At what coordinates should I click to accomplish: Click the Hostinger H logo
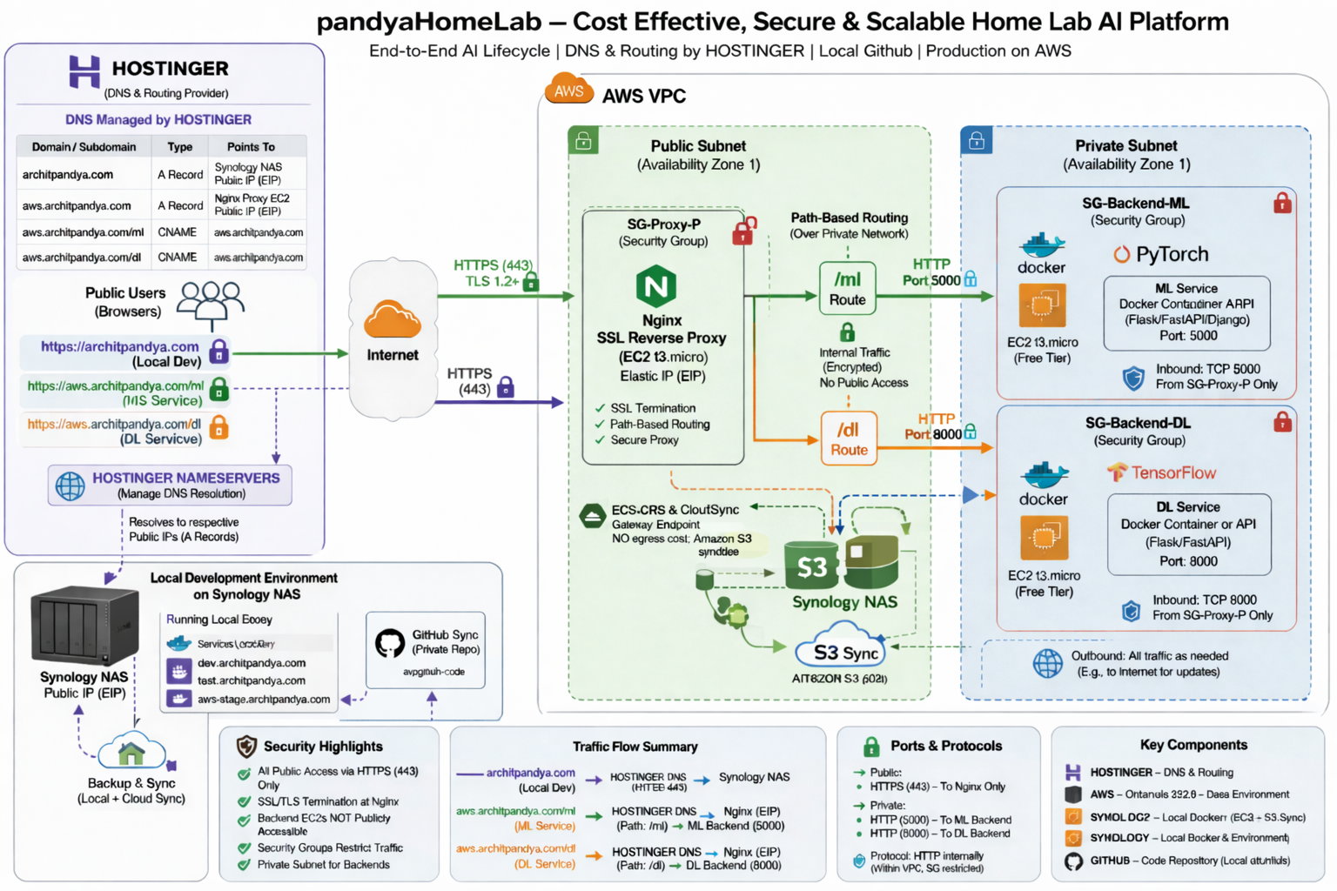[84, 71]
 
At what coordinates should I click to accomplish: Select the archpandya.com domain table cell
[68, 175]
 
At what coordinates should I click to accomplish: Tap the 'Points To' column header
[251, 147]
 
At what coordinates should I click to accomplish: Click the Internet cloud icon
[393, 320]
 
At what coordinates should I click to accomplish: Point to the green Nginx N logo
[656, 286]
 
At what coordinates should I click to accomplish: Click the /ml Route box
[847, 288]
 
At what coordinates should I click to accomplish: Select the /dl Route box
[849, 438]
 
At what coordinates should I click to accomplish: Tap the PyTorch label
[1162, 254]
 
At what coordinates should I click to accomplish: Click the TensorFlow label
[1162, 472]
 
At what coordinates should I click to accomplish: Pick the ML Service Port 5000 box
[1186, 313]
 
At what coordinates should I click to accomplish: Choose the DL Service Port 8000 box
[1188, 534]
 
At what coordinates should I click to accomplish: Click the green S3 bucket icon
[811, 566]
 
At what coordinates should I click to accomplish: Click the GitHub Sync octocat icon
[389, 644]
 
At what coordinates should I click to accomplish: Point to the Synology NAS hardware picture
[84, 626]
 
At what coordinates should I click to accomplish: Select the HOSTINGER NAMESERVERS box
[170, 486]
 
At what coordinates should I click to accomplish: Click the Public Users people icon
[211, 301]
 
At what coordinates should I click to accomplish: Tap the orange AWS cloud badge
[568, 90]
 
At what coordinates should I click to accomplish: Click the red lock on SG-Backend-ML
[1281, 204]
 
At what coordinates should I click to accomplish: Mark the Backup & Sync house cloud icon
[131, 752]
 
